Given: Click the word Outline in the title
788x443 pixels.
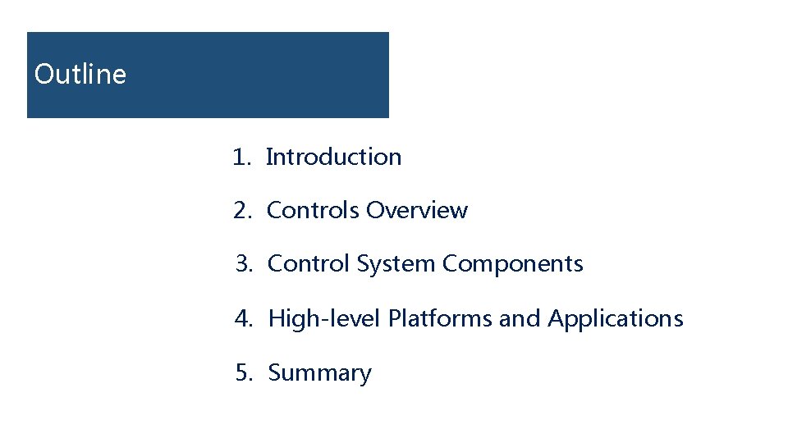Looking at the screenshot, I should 80,75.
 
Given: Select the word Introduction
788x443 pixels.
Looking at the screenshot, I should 334,157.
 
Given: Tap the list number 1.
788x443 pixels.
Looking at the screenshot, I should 240,157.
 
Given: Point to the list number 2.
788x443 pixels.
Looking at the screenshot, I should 241,211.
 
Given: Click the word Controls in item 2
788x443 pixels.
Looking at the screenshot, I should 314,211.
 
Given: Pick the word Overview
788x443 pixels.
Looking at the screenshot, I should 417,211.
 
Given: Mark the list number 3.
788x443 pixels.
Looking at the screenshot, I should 242,264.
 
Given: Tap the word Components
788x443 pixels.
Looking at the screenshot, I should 513,264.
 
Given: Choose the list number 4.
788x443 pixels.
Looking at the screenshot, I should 243,318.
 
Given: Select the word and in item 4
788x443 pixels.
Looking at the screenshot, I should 520,318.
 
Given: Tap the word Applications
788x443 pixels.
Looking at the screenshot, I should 616,318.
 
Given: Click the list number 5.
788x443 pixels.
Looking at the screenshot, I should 243,372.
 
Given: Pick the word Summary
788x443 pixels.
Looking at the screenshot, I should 320,373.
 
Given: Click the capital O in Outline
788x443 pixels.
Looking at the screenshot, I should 44,75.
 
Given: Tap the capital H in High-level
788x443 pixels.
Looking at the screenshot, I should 277,317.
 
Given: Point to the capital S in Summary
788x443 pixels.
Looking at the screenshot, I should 275,372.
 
